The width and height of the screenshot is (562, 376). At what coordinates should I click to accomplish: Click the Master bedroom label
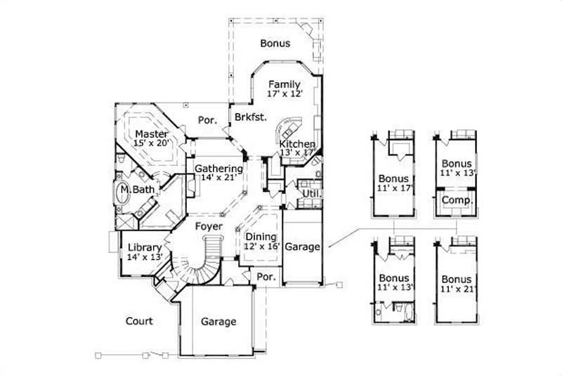(151, 134)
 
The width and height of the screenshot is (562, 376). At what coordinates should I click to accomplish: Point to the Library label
(145, 247)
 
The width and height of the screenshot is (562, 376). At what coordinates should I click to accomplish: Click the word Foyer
(209, 226)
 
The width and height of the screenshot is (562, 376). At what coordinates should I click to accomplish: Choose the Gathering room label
(218, 169)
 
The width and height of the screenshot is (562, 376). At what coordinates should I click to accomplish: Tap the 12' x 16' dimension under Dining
(260, 247)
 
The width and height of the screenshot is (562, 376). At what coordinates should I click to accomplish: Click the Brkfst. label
(251, 117)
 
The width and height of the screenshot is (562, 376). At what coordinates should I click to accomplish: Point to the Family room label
(284, 84)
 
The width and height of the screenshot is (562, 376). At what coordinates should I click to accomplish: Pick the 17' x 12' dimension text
(285, 94)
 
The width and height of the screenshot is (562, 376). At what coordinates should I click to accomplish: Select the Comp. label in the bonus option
(457, 200)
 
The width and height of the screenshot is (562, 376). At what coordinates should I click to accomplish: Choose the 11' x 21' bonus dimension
(457, 289)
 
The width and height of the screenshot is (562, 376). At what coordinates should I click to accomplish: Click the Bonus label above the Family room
(275, 43)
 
